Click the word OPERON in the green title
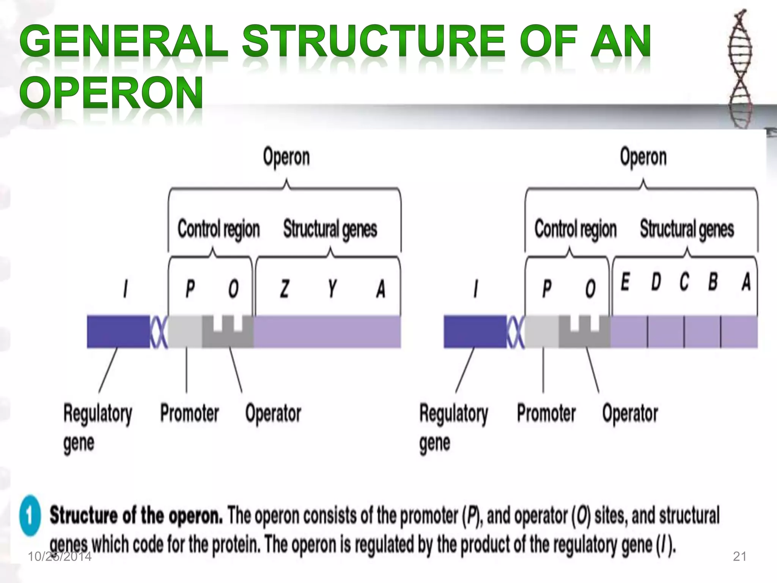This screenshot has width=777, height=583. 111,92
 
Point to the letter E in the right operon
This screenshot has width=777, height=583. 625,282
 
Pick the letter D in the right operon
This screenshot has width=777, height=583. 656,282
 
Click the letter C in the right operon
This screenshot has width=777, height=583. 684,282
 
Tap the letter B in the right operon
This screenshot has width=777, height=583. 713,282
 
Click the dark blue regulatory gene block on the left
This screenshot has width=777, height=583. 118,331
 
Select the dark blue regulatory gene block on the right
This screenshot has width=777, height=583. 475,331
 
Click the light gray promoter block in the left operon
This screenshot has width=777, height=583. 185,331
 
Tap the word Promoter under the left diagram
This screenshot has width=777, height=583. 189,413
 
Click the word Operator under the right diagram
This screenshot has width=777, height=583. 630,413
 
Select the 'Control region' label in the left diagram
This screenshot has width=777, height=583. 219,229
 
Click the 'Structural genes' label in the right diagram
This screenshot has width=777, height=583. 687,229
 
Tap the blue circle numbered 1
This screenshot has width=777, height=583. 30,515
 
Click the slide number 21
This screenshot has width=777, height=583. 739,556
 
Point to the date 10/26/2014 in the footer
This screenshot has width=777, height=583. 60,556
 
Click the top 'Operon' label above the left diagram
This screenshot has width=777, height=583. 286,157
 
